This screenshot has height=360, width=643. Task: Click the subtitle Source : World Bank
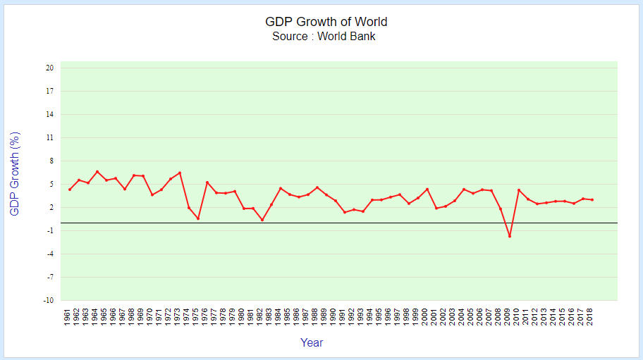[x=324, y=37]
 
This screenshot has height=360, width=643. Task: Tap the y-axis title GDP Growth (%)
[x=16, y=173]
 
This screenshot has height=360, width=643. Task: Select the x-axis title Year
[x=312, y=343]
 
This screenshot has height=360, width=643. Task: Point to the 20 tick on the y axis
[x=50, y=68]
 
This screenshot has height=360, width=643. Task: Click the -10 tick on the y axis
[x=49, y=301]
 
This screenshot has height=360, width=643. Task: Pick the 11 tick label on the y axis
[x=50, y=138]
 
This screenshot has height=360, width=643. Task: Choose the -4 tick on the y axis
[x=50, y=254]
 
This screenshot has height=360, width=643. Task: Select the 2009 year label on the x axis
[x=508, y=317]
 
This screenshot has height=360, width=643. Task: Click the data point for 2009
[x=509, y=236]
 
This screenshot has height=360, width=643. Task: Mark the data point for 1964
[x=97, y=171]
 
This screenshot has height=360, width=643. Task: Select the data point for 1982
[x=262, y=220]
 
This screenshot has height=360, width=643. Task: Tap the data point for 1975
[x=198, y=218]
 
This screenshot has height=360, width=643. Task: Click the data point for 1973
[x=180, y=173]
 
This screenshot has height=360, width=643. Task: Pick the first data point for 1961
[x=70, y=190]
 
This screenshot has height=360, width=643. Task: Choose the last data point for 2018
[x=592, y=200]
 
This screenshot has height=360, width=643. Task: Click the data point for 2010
[x=518, y=190]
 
